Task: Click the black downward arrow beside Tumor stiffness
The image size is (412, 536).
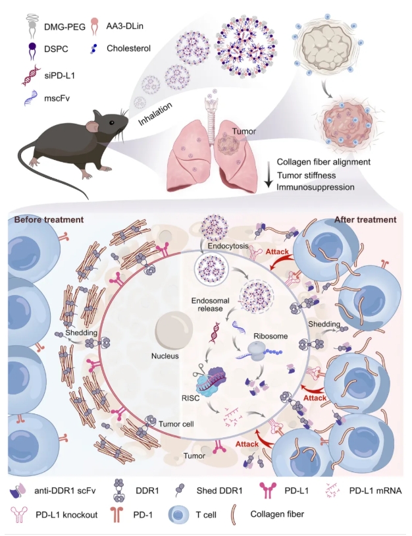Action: tap(266, 177)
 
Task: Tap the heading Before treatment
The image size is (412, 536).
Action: tap(49, 219)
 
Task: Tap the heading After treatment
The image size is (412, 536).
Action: tap(365, 219)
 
